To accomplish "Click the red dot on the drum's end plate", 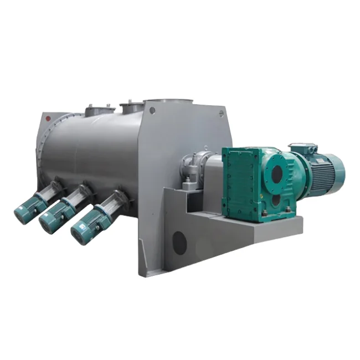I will point(49,117).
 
